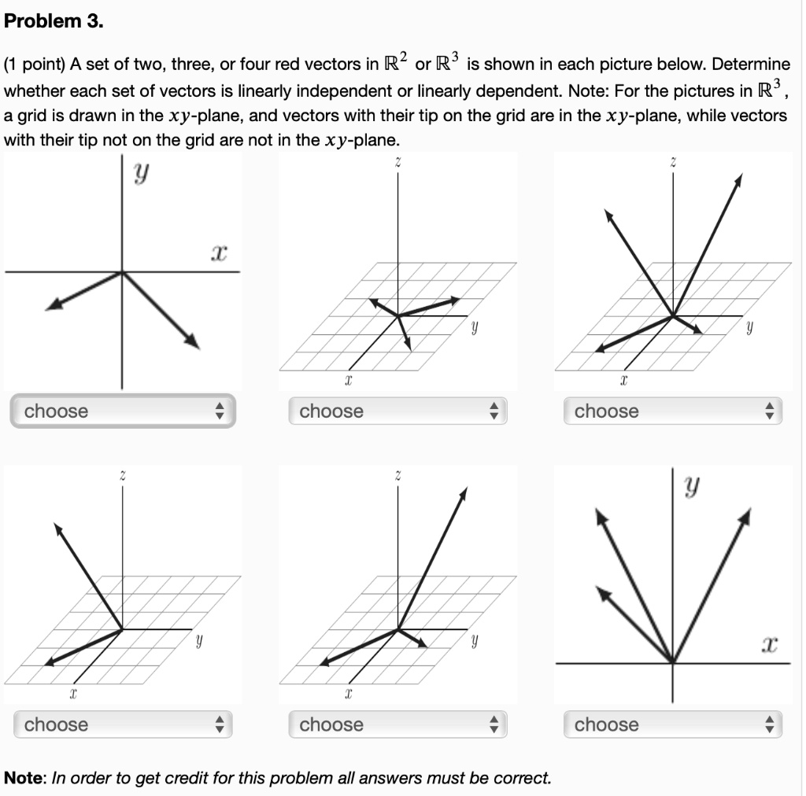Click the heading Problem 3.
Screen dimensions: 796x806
pyautogui.click(x=54, y=21)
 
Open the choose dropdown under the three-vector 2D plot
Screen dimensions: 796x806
pyautogui.click(x=672, y=724)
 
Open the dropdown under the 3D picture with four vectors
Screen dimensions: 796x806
pyautogui.click(x=672, y=411)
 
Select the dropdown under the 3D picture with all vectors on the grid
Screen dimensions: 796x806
pyautogui.click(x=397, y=411)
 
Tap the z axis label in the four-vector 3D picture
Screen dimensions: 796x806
pyautogui.click(x=672, y=160)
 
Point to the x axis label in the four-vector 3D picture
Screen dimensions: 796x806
pyautogui.click(x=623, y=381)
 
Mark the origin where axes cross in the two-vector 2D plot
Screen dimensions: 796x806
pyautogui.click(x=122, y=272)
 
